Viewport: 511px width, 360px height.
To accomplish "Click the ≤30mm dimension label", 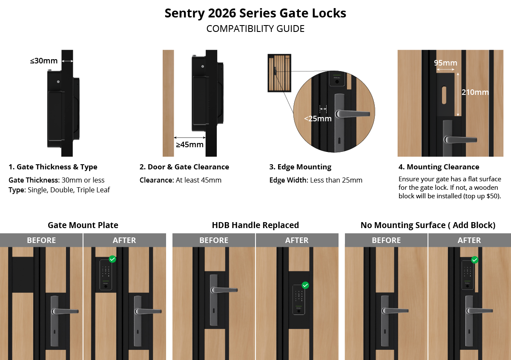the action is pos(44,61).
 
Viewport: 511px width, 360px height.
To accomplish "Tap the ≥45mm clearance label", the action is pos(189,145).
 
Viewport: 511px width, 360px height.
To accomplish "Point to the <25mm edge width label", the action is pos(318,119).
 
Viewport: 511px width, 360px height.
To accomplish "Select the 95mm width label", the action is pos(445,63).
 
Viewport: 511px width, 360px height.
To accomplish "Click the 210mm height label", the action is pos(475,92).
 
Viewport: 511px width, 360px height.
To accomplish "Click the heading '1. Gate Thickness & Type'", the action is pos(53,167).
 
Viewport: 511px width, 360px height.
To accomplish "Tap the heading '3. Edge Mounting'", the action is pos(300,167).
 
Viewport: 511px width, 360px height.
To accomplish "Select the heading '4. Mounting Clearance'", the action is pos(439,167).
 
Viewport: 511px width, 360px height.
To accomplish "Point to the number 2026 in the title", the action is pos(222,13).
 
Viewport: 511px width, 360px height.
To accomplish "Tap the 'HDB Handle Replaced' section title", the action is pos(255,225).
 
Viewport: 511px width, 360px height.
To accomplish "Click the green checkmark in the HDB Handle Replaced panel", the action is pos(305,285).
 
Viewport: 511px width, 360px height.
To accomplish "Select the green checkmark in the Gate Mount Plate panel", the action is pos(112,259).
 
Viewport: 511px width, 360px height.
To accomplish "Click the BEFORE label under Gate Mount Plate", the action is pos(41,240).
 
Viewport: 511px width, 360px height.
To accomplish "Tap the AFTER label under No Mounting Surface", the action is pos(469,240).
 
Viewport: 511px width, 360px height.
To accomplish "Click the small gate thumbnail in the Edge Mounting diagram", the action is pos(279,73).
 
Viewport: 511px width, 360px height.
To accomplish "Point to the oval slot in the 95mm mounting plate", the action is pos(444,95).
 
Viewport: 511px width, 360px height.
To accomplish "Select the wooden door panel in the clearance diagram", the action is pos(168,103).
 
